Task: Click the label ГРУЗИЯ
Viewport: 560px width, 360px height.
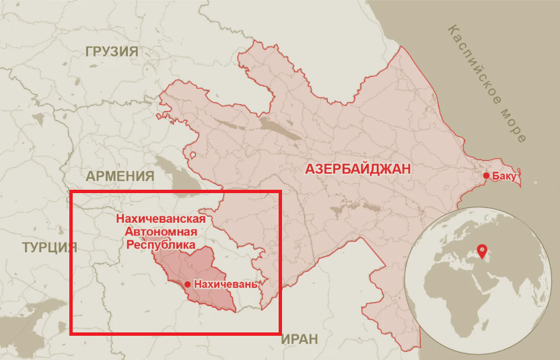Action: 112,52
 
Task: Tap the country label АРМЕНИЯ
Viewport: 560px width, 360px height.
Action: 120,176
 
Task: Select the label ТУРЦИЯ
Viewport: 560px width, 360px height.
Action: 49,246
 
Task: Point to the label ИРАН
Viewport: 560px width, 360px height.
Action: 300,339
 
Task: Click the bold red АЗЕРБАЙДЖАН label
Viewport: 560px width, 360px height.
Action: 358,169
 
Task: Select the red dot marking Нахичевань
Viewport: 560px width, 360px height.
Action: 187,285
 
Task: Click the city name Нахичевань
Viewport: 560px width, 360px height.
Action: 225,285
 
